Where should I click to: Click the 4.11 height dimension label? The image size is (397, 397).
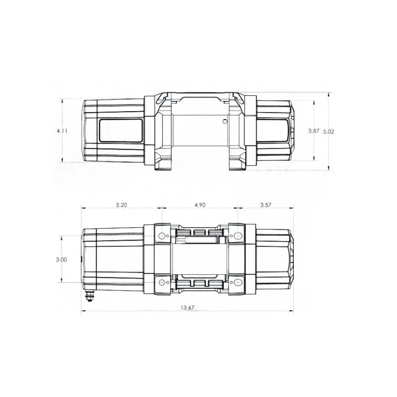coord(62,131)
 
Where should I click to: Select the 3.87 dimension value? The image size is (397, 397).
coord(314,131)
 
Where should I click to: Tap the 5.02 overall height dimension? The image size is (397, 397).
coord(329,132)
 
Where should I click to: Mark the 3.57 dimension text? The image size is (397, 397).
coord(265,205)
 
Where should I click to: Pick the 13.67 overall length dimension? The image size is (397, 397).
coord(187,308)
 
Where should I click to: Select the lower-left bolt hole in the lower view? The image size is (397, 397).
coord(162,282)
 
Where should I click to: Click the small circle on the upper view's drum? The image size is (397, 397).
coord(225,121)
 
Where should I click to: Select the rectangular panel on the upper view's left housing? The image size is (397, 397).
coord(121,131)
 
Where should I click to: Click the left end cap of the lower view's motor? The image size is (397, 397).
coord(85,258)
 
